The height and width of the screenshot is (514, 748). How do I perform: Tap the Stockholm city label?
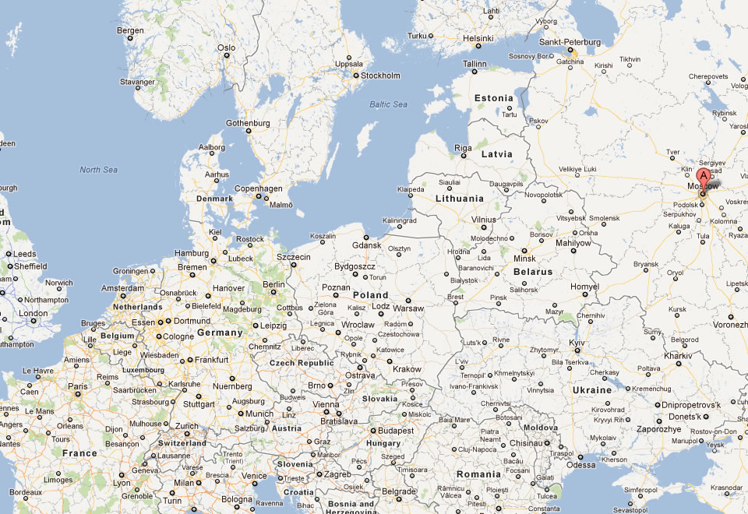click(380, 76)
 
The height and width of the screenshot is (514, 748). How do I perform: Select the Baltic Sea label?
click(389, 104)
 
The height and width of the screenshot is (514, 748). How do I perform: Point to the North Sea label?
click(98, 170)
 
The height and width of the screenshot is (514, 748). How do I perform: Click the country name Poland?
click(370, 295)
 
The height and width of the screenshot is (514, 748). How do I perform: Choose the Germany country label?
click(220, 333)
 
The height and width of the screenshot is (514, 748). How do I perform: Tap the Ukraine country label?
click(592, 389)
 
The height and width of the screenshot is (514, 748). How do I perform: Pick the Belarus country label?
click(533, 273)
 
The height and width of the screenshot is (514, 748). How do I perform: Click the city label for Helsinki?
click(478, 37)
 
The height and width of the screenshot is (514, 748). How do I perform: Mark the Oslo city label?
click(226, 48)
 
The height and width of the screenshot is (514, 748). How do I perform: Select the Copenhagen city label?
click(259, 188)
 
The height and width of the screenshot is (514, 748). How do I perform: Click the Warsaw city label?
click(408, 308)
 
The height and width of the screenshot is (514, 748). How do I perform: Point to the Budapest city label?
click(397, 430)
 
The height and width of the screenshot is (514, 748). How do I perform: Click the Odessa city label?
click(580, 465)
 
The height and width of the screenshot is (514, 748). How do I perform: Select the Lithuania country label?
click(460, 199)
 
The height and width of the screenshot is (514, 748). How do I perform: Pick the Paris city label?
click(77, 386)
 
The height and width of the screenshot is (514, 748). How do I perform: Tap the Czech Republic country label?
click(302, 363)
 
